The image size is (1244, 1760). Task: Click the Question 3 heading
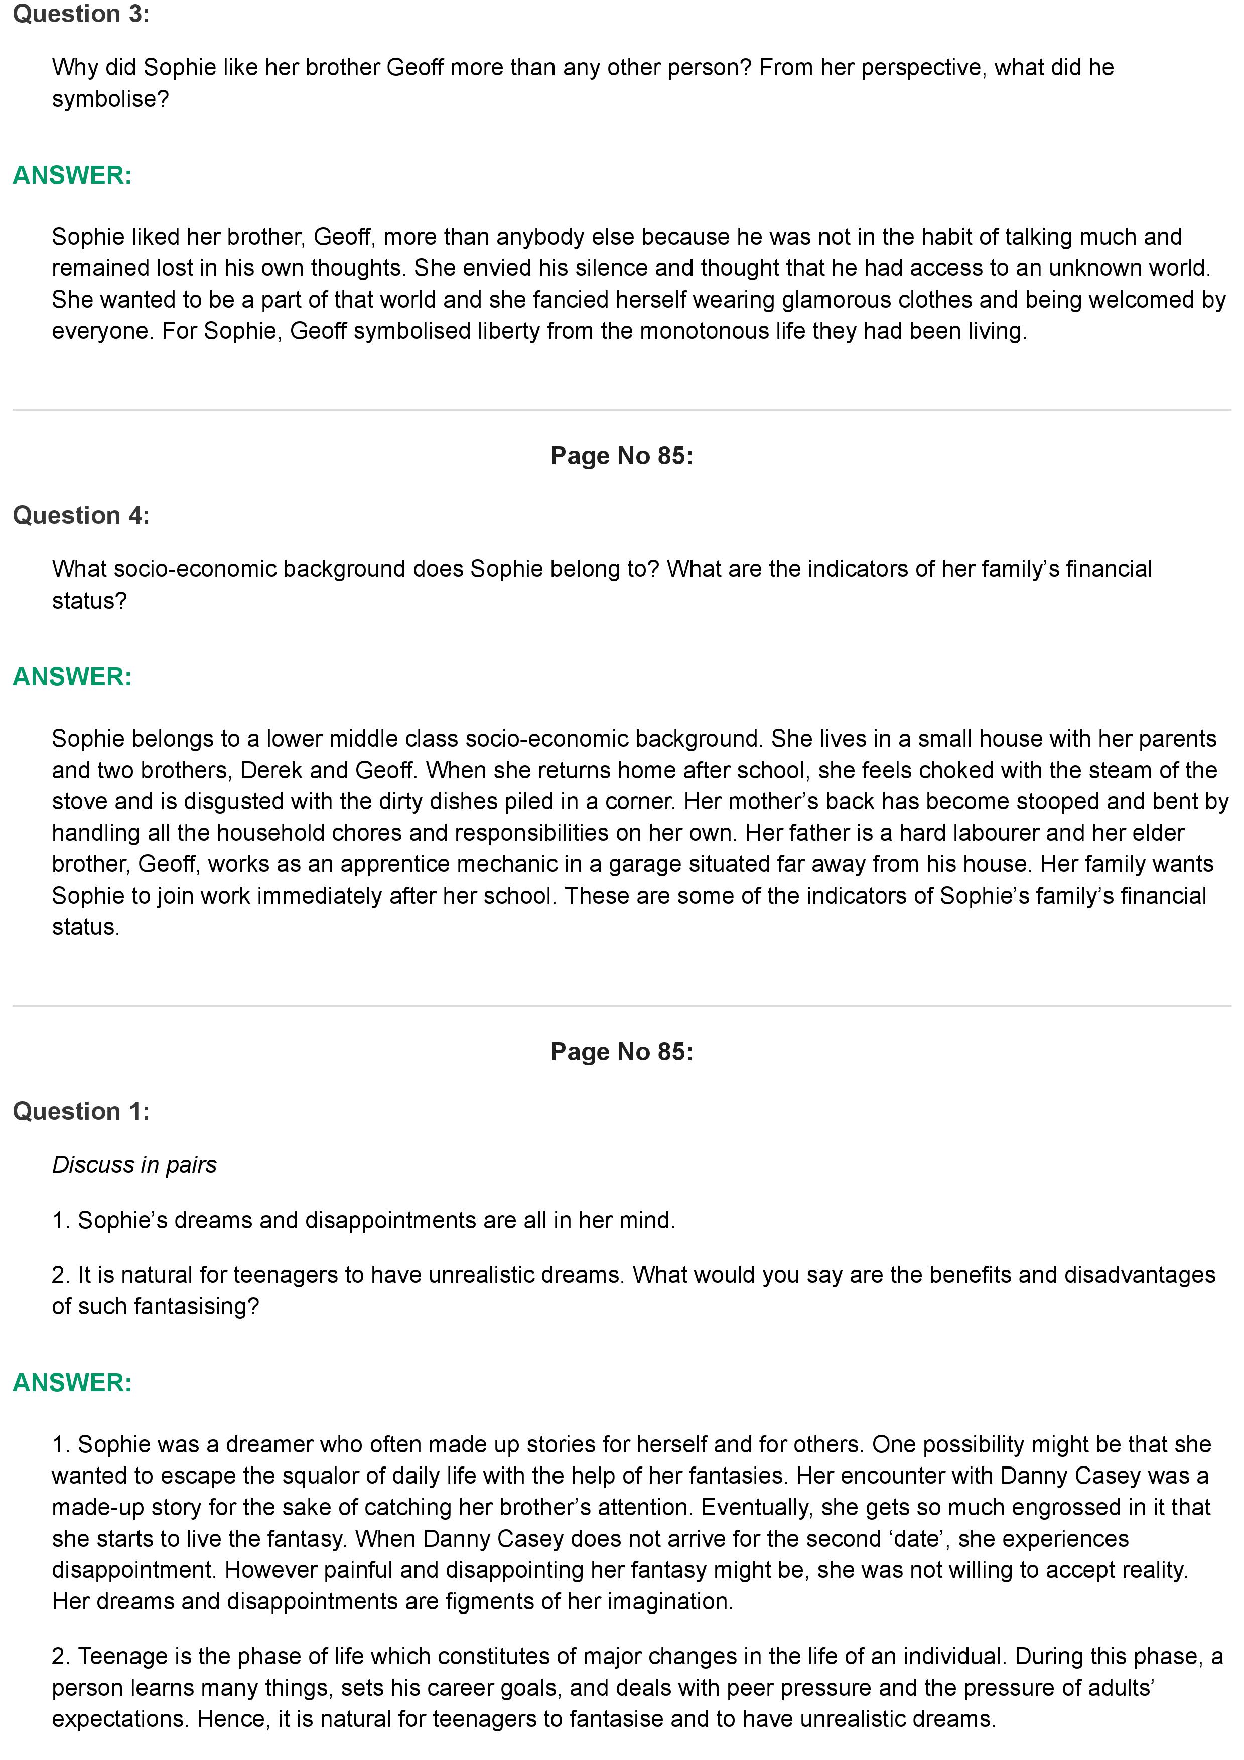(x=81, y=15)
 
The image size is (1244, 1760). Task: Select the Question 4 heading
(x=81, y=516)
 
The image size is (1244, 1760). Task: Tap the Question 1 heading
(x=81, y=1111)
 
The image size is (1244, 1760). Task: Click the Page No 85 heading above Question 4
(x=622, y=456)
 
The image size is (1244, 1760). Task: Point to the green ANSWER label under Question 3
(x=73, y=176)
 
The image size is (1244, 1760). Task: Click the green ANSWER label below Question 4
(x=73, y=677)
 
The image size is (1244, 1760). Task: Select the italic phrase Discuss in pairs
(x=134, y=1165)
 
